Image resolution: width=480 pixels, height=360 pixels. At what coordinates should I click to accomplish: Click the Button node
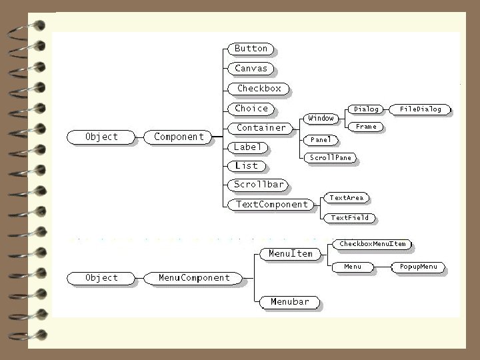pyautogui.click(x=251, y=49)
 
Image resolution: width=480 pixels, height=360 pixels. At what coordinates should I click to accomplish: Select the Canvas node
pyautogui.click(x=251, y=68)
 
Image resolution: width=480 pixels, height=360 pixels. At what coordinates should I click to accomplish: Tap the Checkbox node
pyautogui.click(x=259, y=88)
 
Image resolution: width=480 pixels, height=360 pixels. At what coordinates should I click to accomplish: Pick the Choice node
pyautogui.click(x=251, y=108)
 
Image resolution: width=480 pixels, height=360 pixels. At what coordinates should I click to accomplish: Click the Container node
pyautogui.click(x=261, y=127)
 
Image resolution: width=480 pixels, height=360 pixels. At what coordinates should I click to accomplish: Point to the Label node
pyautogui.click(x=248, y=147)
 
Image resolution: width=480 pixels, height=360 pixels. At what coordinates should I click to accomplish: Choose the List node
pyautogui.click(x=246, y=165)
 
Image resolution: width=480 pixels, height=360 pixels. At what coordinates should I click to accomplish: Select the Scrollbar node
pyautogui.click(x=259, y=184)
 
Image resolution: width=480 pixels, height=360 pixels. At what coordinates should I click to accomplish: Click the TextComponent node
pyautogui.click(x=272, y=204)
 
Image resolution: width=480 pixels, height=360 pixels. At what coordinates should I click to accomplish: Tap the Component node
pyautogui.click(x=179, y=137)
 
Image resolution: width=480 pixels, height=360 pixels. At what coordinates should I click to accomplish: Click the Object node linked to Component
pyautogui.click(x=101, y=137)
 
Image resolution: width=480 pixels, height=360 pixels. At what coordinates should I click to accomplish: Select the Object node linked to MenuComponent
pyautogui.click(x=101, y=277)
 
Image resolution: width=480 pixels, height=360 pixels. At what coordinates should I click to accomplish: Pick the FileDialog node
pyautogui.click(x=420, y=109)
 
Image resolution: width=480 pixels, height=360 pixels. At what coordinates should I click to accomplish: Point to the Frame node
pyautogui.click(x=366, y=126)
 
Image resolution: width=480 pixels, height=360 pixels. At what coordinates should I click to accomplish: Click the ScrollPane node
pyautogui.click(x=330, y=158)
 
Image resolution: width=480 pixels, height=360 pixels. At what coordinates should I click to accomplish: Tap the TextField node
pyautogui.click(x=350, y=217)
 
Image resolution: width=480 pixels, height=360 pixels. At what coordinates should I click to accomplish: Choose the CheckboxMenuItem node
pyautogui.click(x=372, y=244)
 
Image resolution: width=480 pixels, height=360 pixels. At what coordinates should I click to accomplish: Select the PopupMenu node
pyautogui.click(x=418, y=267)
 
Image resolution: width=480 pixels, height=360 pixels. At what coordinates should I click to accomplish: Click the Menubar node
pyautogui.click(x=290, y=302)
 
